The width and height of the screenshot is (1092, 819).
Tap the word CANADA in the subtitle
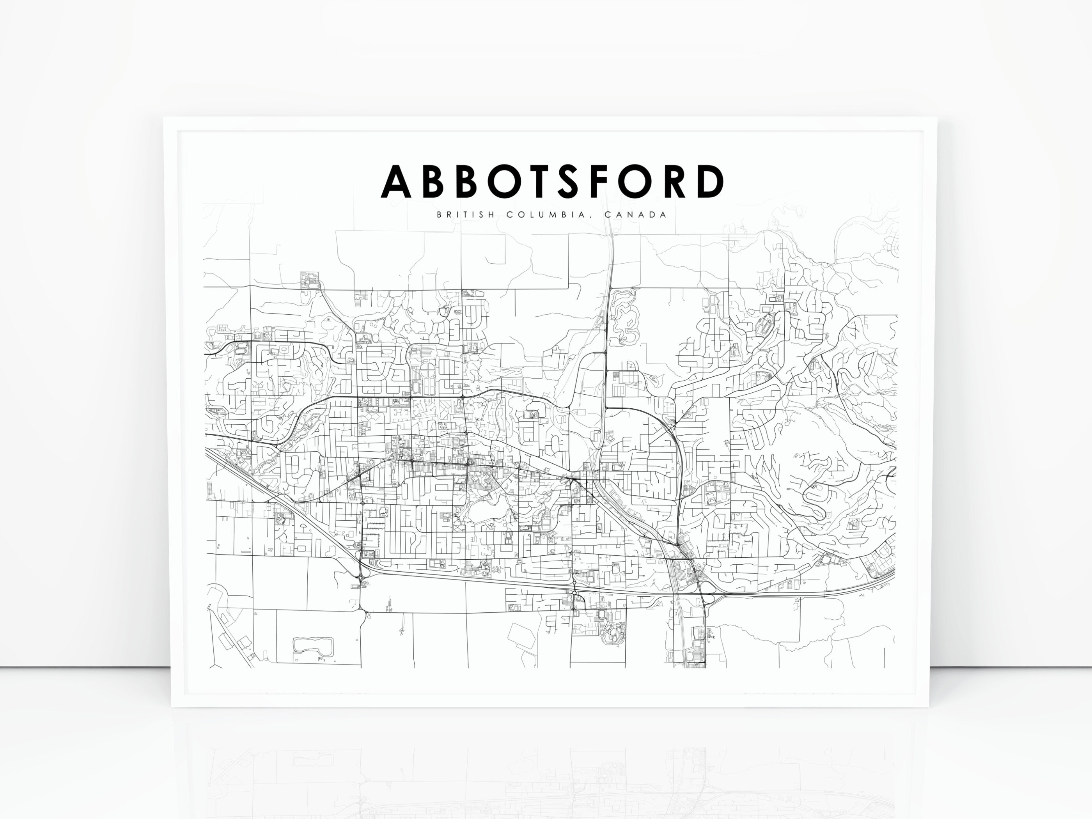pos(635,215)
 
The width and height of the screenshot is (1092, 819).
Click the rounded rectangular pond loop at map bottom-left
pos(313,645)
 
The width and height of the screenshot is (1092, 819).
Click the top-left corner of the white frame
pos(165,118)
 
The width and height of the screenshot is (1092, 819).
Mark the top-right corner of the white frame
pos(936,118)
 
